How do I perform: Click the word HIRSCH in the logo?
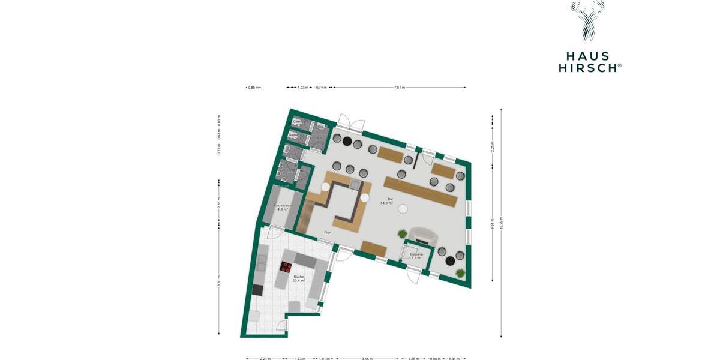click(x=590, y=68)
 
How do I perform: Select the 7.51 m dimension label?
click(x=399, y=88)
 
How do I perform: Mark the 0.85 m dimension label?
click(x=253, y=88)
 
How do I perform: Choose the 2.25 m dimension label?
click(x=493, y=146)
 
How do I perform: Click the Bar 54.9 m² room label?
click(x=386, y=201)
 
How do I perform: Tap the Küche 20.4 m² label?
click(x=298, y=278)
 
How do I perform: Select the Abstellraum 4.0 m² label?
click(x=282, y=208)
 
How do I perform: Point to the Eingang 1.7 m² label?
click(x=416, y=256)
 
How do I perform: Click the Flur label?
click(x=327, y=233)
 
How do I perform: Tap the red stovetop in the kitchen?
click(x=286, y=268)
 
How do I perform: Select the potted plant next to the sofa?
click(x=402, y=234)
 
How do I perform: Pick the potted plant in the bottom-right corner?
click(x=460, y=273)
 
